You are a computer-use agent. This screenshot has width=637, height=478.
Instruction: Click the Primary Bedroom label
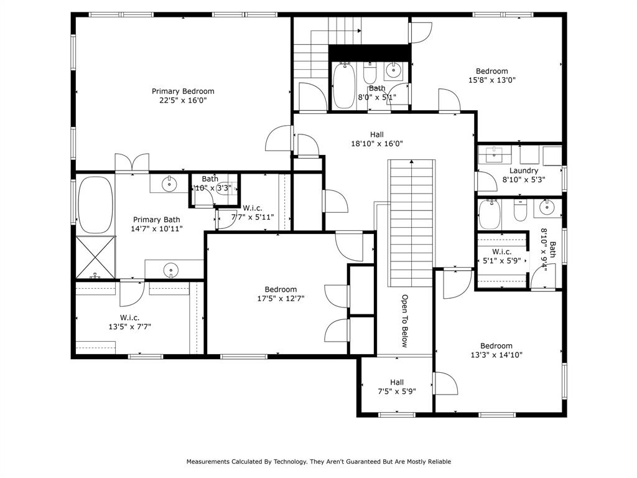(183, 91)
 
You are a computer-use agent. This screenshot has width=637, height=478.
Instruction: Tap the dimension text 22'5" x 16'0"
(183, 100)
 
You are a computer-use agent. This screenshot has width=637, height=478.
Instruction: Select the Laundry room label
(523, 171)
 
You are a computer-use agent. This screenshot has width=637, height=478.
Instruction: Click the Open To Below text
(404, 321)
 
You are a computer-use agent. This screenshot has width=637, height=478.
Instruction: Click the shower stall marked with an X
(95, 257)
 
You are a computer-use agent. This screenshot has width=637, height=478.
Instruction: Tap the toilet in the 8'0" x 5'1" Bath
(370, 73)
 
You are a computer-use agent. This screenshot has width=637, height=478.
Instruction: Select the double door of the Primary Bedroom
(131, 162)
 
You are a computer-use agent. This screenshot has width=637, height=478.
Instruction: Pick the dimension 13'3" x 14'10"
(496, 355)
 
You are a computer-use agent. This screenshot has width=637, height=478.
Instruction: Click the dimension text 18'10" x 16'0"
(377, 144)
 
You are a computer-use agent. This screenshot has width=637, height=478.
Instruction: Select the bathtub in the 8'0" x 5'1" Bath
(343, 86)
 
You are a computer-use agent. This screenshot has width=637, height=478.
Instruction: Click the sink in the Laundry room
(495, 154)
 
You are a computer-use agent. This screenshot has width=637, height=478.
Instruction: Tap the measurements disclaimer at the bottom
(318, 462)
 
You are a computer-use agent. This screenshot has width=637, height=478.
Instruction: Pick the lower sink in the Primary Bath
(170, 270)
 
